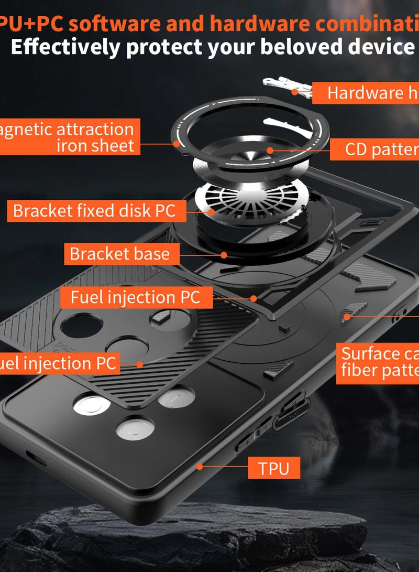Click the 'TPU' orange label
pos(274,468)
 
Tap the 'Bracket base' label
pos(120,254)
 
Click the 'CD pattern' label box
pos(374,149)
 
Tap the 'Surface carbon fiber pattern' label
pos(377,362)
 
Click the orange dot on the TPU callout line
pos(199,466)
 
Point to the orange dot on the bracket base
pos(224,255)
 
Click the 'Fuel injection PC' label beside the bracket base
pos(135,297)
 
